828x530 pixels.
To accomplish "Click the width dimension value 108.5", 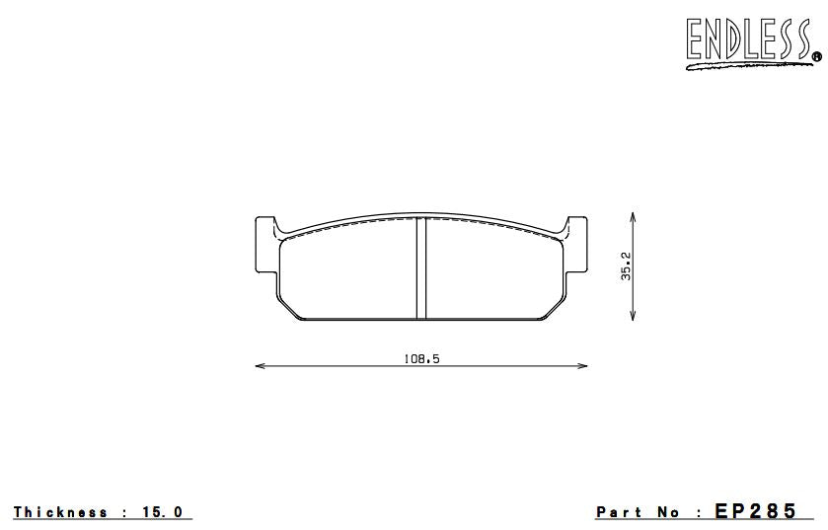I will click(x=420, y=359).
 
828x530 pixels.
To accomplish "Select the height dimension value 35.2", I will click(x=625, y=265).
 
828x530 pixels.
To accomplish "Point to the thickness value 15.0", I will click(x=164, y=512).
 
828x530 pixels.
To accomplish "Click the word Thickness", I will click(x=60, y=512).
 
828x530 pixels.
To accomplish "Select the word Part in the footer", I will click(x=621, y=512).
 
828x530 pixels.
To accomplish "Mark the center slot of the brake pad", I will click(x=420, y=268).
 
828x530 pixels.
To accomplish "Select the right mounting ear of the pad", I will click(x=575, y=247).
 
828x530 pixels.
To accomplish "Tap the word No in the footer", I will click(x=669, y=512).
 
